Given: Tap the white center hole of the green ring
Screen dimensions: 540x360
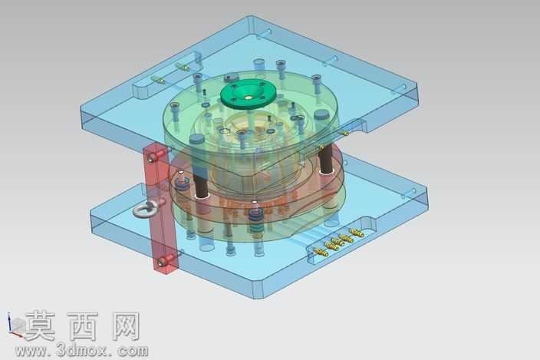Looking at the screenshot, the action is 249,97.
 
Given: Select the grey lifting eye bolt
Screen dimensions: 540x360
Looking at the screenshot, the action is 146,209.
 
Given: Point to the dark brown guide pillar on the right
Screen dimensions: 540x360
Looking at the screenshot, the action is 326,158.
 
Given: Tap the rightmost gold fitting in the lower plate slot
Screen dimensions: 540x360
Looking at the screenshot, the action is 357,233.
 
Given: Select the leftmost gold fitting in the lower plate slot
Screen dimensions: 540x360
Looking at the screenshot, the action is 321,253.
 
